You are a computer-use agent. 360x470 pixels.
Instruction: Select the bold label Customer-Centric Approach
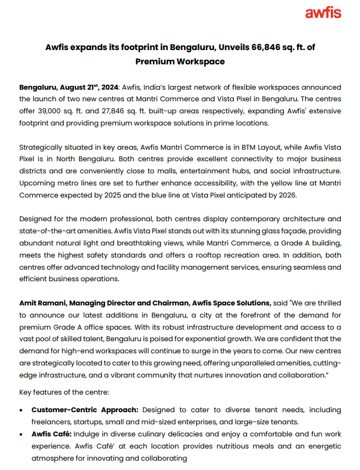pos(84,410)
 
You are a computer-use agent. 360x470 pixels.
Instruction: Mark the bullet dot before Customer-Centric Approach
pos(21,411)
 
